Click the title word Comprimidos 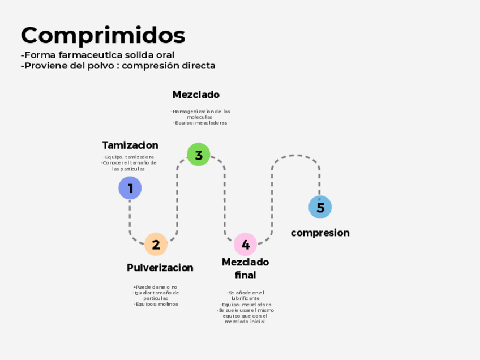[103, 35]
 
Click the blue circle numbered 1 [130, 188]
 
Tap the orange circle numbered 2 [156, 245]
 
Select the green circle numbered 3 [199, 155]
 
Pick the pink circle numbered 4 [246, 245]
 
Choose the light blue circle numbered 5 [320, 207]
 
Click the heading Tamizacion [130, 145]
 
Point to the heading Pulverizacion [160, 268]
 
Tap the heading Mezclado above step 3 [196, 95]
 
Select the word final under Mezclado [246, 276]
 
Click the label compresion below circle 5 [320, 233]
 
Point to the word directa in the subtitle [198, 66]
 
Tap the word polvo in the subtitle [99, 66]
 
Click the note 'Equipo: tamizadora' [129, 157]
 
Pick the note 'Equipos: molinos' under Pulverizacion [156, 304]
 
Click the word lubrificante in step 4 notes [246, 298]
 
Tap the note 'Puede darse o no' [156, 287]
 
